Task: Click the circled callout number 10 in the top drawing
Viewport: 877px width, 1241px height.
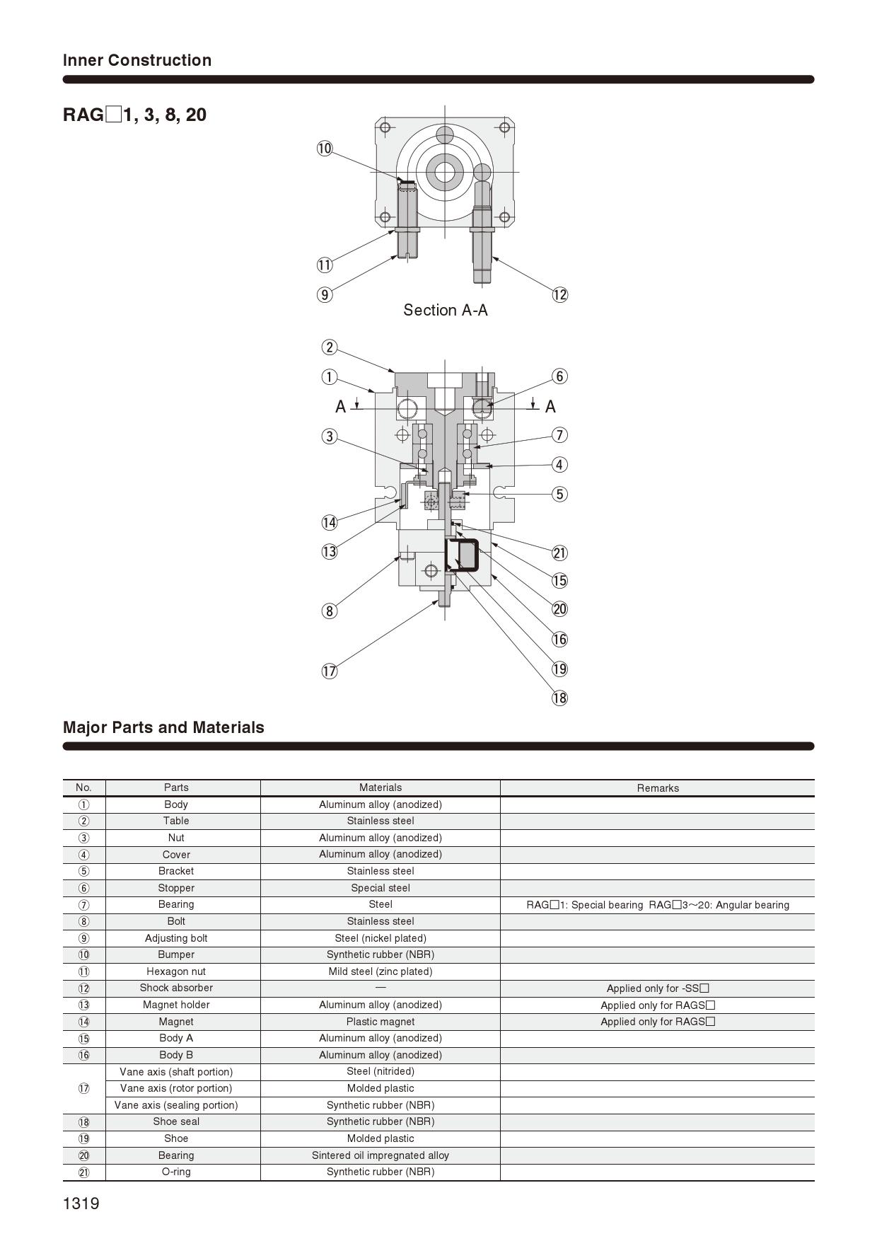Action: pos(325,149)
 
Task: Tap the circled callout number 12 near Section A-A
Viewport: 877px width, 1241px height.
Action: pos(559,295)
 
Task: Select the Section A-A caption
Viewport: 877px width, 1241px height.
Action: pos(446,310)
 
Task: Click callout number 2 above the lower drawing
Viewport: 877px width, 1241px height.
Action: pos(329,347)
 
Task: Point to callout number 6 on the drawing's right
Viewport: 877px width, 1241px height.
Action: pos(559,376)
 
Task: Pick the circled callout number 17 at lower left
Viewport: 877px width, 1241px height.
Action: pos(330,671)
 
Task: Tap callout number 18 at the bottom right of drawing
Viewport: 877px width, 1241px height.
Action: pos(559,698)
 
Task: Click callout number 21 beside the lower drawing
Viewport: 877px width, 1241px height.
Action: pos(559,553)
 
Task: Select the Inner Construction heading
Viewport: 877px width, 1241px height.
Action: pos(137,60)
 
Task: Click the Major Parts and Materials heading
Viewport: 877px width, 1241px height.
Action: pos(163,727)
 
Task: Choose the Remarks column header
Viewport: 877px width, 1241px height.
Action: pos(657,788)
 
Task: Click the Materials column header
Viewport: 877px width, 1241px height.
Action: pos(380,787)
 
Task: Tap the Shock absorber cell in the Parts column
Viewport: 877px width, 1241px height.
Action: pos(176,988)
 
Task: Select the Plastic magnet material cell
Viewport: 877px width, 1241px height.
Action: pos(380,1022)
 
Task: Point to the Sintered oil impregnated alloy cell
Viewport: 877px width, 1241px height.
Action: pos(380,1155)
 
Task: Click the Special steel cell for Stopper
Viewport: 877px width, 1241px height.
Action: pos(380,888)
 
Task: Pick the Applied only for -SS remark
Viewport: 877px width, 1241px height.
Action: pos(657,988)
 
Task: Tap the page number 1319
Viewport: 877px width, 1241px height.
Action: pos(81,1204)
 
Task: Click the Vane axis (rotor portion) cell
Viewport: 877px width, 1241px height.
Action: pos(176,1088)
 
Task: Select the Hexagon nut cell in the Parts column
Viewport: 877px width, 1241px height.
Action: pos(176,971)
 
